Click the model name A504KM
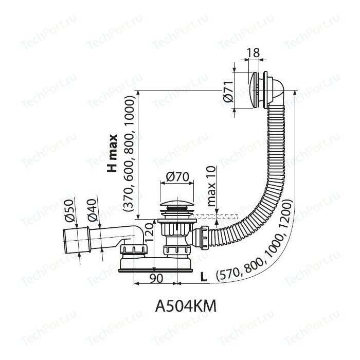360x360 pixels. (x=186, y=306)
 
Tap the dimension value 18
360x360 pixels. (x=253, y=52)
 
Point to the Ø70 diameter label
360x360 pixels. (x=177, y=177)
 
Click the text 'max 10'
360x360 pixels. (x=211, y=186)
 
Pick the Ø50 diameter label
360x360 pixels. (x=69, y=210)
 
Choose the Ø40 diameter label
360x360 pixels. (x=92, y=210)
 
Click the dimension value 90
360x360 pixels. (x=156, y=278)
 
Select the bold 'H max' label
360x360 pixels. (x=113, y=153)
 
